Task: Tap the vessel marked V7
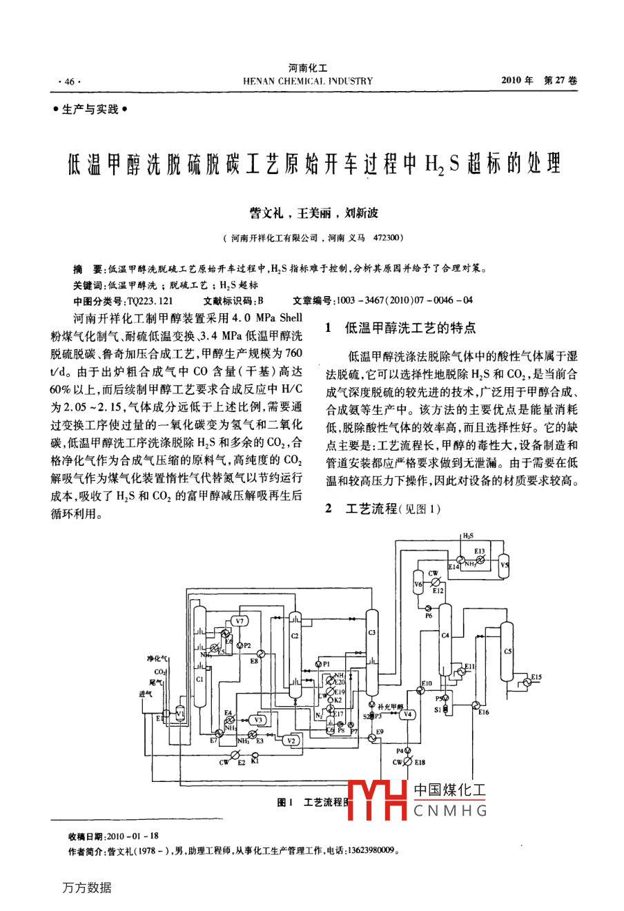coord(240,621)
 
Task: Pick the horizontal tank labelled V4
coord(407,714)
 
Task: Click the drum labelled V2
coord(291,741)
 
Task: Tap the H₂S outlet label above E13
coord(467,535)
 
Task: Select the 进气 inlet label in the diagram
coord(146,694)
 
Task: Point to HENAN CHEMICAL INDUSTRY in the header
coord(308,81)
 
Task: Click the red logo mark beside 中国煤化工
coord(378,801)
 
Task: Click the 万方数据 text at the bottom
coord(86,888)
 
